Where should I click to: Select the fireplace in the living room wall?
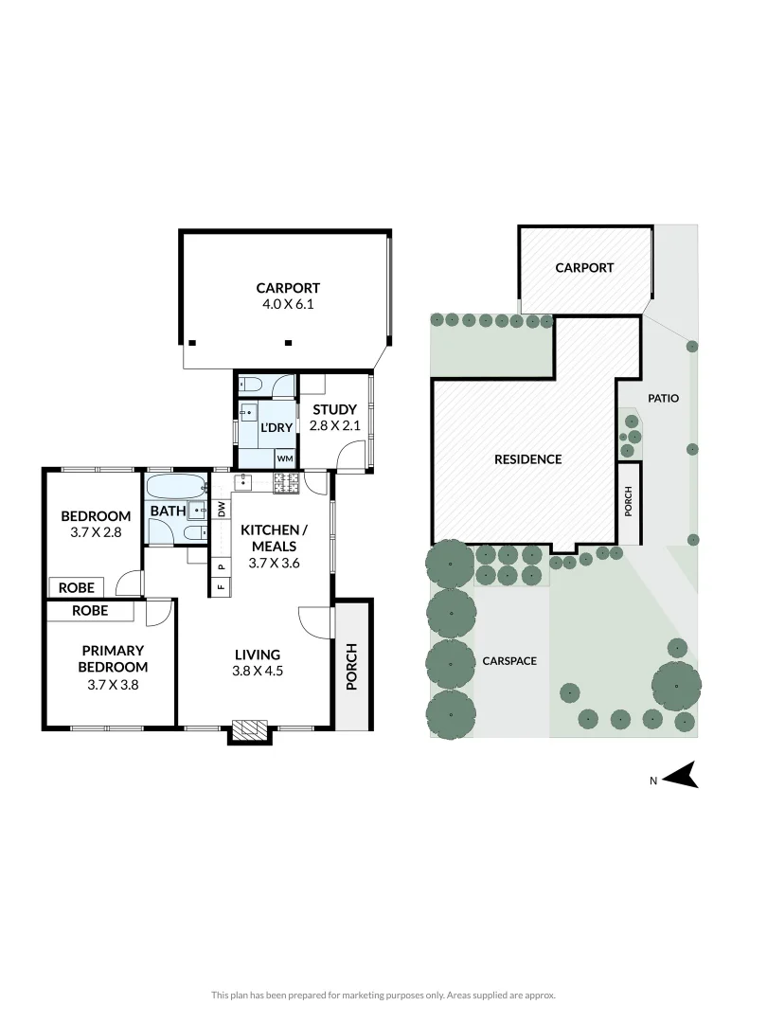pos(250,729)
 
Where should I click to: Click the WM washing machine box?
pos(285,458)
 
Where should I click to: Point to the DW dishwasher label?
pos(221,508)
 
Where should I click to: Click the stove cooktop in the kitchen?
pos(286,484)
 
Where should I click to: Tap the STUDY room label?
pos(335,409)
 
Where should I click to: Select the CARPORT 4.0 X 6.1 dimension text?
pos(287,305)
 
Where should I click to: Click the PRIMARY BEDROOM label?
pos(112,658)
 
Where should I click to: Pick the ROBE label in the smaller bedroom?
pos(77,587)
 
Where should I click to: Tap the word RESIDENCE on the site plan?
pos(527,459)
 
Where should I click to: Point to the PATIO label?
pos(663,399)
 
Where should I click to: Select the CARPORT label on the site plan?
pos(584,268)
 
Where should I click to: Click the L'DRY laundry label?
pos(276,428)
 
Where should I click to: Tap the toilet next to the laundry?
pos(250,384)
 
